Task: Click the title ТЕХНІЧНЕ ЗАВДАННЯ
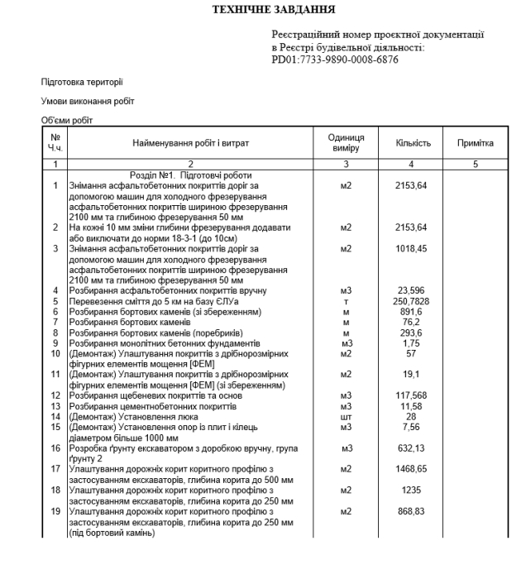tap(262, 10)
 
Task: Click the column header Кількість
tap(412, 143)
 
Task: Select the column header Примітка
tap(475, 143)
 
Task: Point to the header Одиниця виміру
tap(347, 143)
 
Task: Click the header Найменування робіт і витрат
tap(190, 143)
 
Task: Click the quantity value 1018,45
tap(412, 248)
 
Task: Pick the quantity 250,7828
tap(412, 302)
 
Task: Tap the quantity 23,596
tap(412, 291)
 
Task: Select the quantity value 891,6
tap(412, 313)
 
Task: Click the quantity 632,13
tap(412, 448)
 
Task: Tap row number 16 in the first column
tap(55, 448)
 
